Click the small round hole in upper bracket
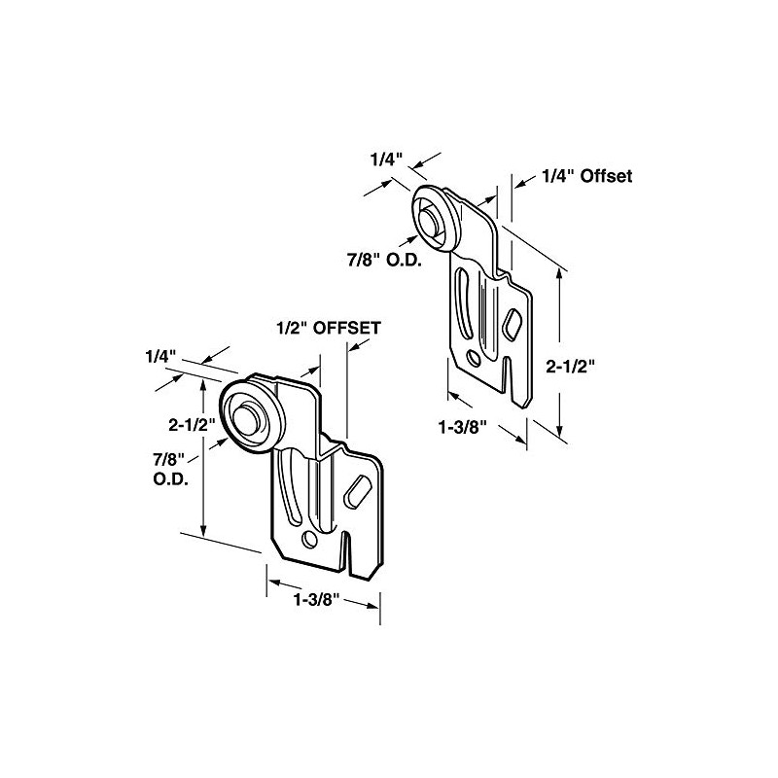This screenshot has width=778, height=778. click(x=473, y=357)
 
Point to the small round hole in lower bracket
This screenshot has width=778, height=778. click(x=309, y=538)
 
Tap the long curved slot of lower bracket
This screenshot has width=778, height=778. click(x=288, y=482)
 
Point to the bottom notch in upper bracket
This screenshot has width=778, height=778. click(x=503, y=374)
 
